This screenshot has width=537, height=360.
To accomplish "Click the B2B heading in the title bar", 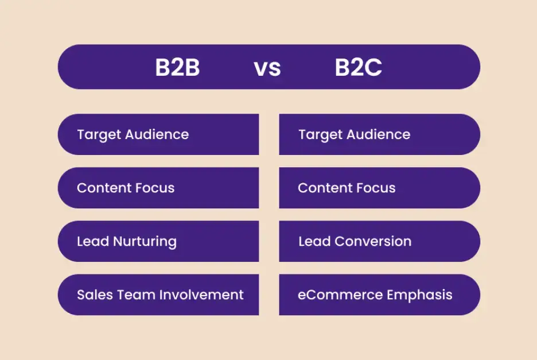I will coord(177,68).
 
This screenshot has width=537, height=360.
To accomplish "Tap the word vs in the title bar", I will coord(267,68).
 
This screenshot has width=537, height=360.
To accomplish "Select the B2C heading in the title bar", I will coord(358,68).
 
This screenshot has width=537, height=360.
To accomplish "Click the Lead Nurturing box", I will coord(158,241).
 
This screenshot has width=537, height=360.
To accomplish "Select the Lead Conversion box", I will coord(379,241).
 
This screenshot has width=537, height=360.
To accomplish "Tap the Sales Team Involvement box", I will coord(158,295).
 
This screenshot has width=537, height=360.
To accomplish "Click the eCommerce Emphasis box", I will coord(379,295).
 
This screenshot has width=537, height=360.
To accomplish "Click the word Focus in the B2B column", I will coord(155,188).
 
